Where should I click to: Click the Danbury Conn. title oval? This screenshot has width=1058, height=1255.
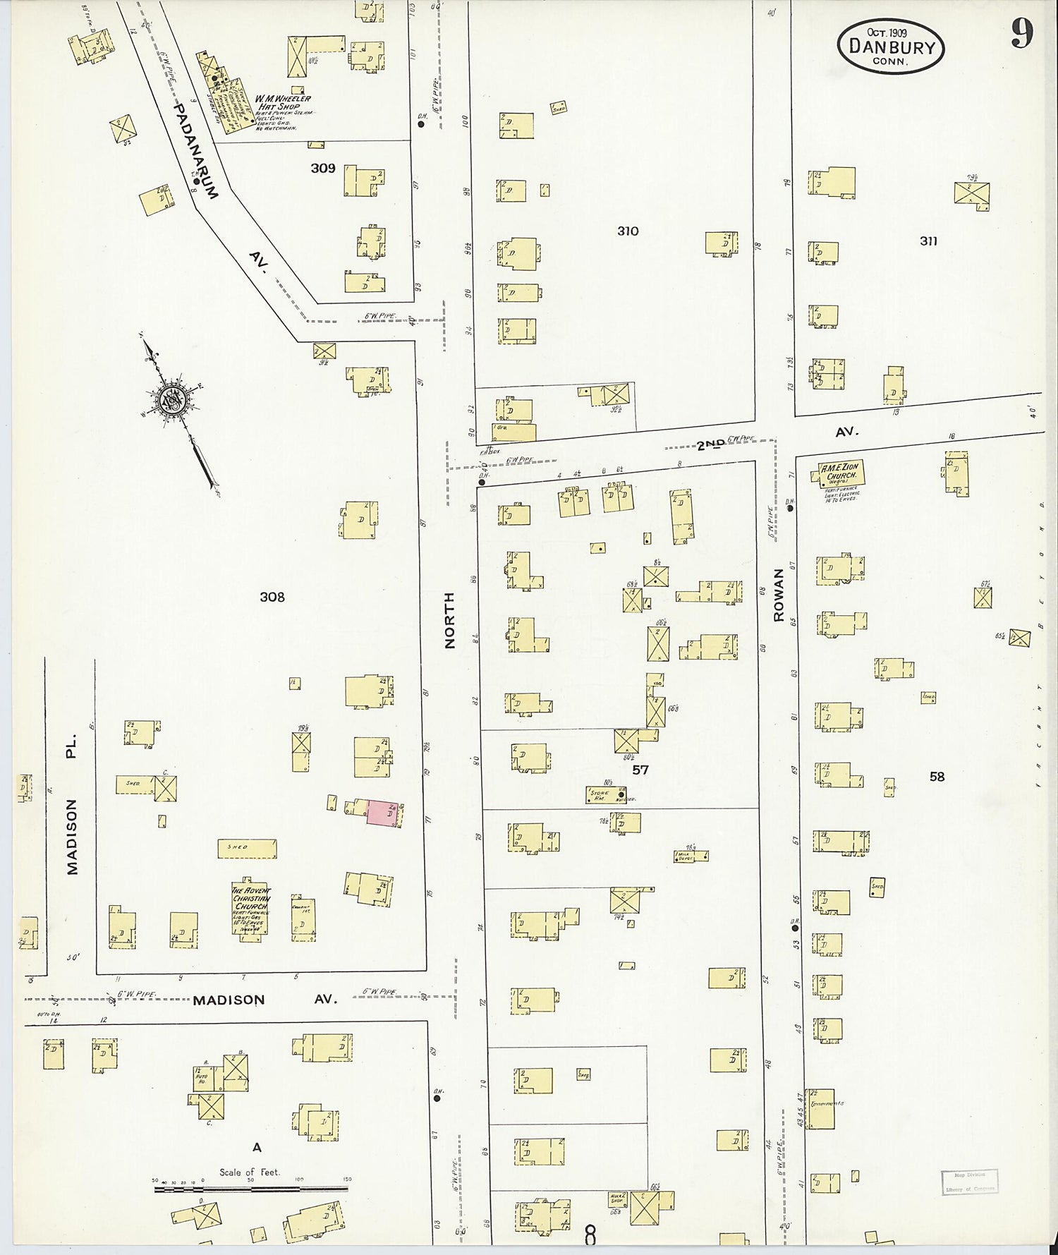[x=891, y=46]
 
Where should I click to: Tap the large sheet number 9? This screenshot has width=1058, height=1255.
[x=1022, y=33]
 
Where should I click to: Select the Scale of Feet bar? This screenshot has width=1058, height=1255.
[x=250, y=1189]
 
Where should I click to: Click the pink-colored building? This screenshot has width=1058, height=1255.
[x=382, y=813]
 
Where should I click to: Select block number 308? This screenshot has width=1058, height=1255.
[x=272, y=597]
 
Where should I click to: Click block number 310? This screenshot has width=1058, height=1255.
[x=628, y=231]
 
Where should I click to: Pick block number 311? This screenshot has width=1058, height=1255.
[x=928, y=241]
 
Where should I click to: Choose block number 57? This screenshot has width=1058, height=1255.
[x=640, y=770]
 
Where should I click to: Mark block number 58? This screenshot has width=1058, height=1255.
[x=937, y=777]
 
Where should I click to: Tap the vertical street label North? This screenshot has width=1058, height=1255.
[x=449, y=619]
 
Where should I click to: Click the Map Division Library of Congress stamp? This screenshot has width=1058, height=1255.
[x=969, y=1182]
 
